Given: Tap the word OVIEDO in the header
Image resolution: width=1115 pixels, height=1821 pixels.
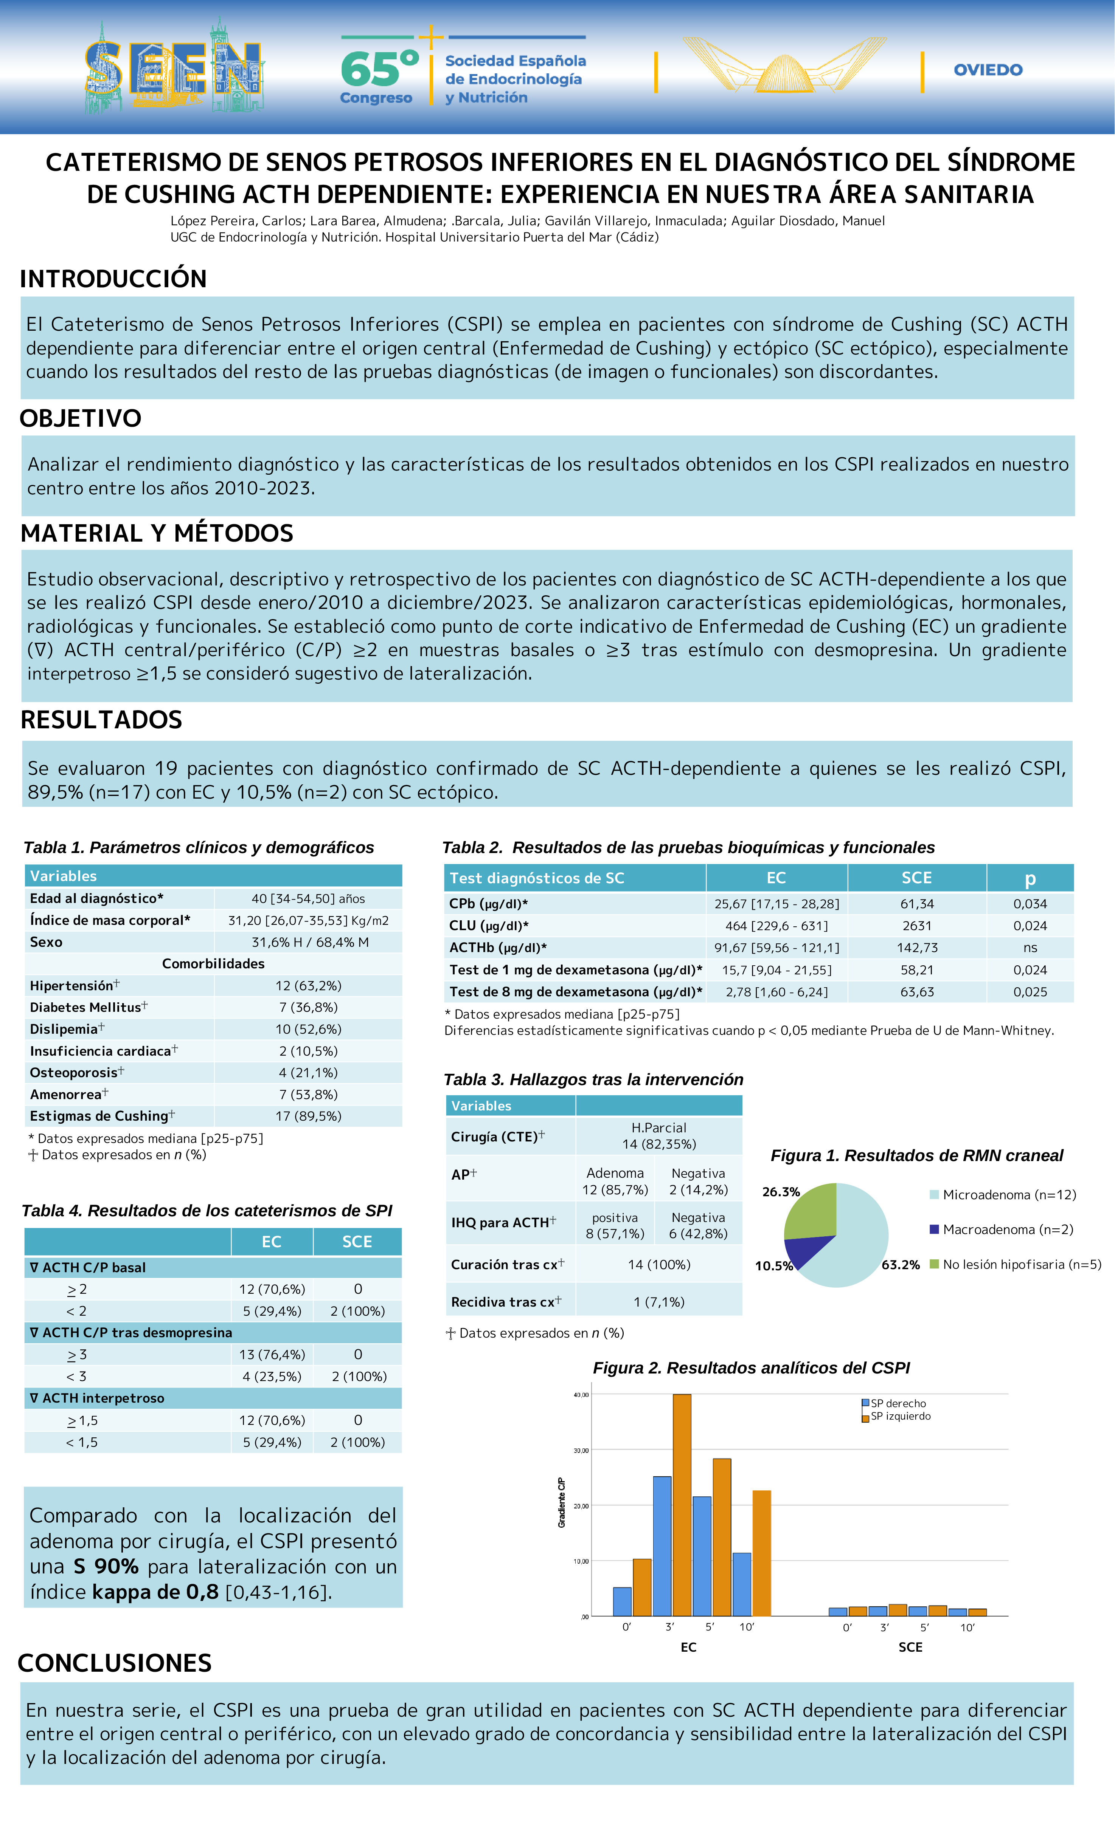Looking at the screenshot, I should tap(988, 70).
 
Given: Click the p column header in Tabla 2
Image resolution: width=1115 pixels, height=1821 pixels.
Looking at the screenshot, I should tap(1030, 878).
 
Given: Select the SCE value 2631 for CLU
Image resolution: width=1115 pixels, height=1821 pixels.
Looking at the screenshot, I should tap(917, 926).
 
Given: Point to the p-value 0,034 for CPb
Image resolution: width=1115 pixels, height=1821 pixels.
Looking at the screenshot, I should tap(1030, 904).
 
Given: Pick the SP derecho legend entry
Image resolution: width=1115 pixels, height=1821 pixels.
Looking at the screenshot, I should tap(898, 1403).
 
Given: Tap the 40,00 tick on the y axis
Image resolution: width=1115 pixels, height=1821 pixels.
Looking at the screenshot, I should tap(581, 1395).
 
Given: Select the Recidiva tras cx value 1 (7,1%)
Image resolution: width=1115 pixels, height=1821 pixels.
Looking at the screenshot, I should tap(659, 1302).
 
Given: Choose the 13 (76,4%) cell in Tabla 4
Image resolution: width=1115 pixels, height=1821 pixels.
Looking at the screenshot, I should tap(272, 1355).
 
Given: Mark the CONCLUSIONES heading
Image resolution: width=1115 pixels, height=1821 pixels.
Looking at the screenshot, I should tap(115, 1663).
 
